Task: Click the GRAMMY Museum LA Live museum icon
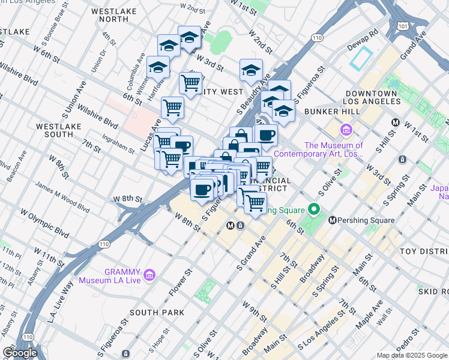tap(150, 275)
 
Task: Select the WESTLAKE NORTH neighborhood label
tap(110, 14)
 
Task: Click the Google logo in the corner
tap(20, 352)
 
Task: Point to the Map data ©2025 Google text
tap(411, 355)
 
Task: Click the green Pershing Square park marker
tap(312, 210)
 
